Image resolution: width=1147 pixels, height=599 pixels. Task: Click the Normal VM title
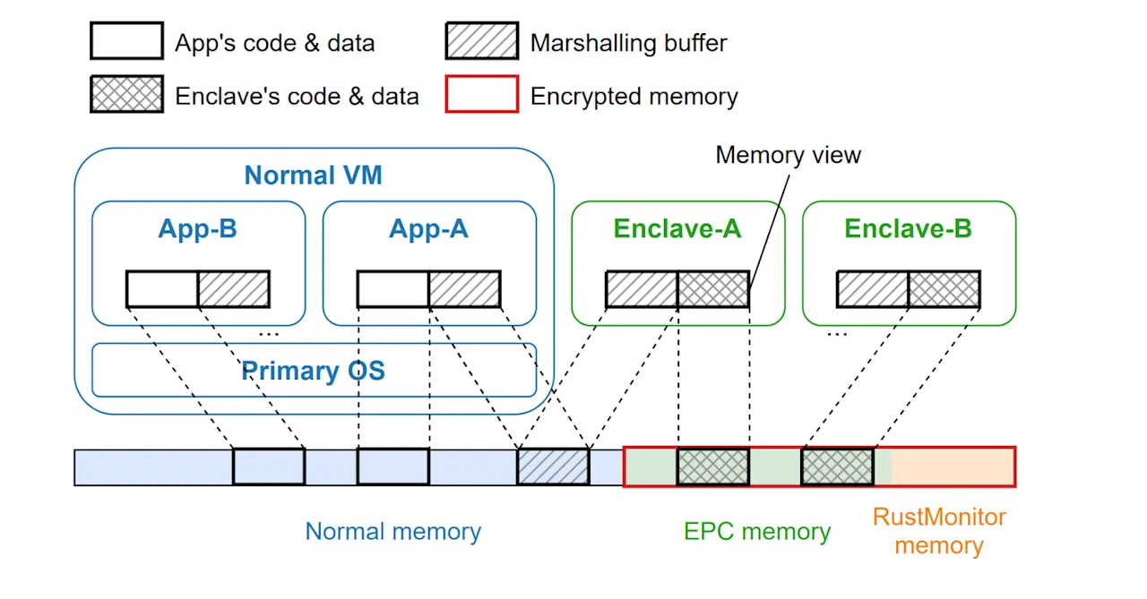[x=313, y=175]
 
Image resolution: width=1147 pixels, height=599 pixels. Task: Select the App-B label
[x=198, y=228]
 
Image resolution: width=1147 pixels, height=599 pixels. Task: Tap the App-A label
[x=428, y=228]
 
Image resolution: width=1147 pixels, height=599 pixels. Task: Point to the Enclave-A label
[x=677, y=228]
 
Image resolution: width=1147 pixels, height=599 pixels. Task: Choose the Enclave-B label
[x=908, y=228]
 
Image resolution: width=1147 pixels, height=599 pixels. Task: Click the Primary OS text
[x=313, y=371]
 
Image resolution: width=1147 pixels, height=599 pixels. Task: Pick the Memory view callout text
[x=788, y=155]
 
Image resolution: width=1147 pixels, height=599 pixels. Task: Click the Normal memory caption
[x=392, y=531]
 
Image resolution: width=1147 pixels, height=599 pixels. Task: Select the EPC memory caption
[x=757, y=531]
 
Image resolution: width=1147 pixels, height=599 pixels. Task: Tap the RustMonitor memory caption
[x=939, y=531]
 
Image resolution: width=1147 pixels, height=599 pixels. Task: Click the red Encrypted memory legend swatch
[x=482, y=94]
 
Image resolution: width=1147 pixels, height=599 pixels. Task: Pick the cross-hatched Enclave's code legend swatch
[x=127, y=94]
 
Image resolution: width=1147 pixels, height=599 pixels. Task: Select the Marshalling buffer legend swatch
[x=482, y=40]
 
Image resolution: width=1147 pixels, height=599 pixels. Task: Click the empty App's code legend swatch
[x=127, y=40]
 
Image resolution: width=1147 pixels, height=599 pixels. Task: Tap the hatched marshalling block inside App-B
[x=234, y=289]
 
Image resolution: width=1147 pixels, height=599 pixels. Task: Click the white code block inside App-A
[x=392, y=289]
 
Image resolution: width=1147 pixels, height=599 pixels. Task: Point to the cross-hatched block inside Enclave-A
[x=713, y=289]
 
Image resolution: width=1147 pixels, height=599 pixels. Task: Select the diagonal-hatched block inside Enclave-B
[x=873, y=289]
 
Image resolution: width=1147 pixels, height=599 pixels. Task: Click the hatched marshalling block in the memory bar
[x=553, y=466]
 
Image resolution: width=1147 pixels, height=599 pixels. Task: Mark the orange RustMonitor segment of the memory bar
[x=953, y=466]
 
